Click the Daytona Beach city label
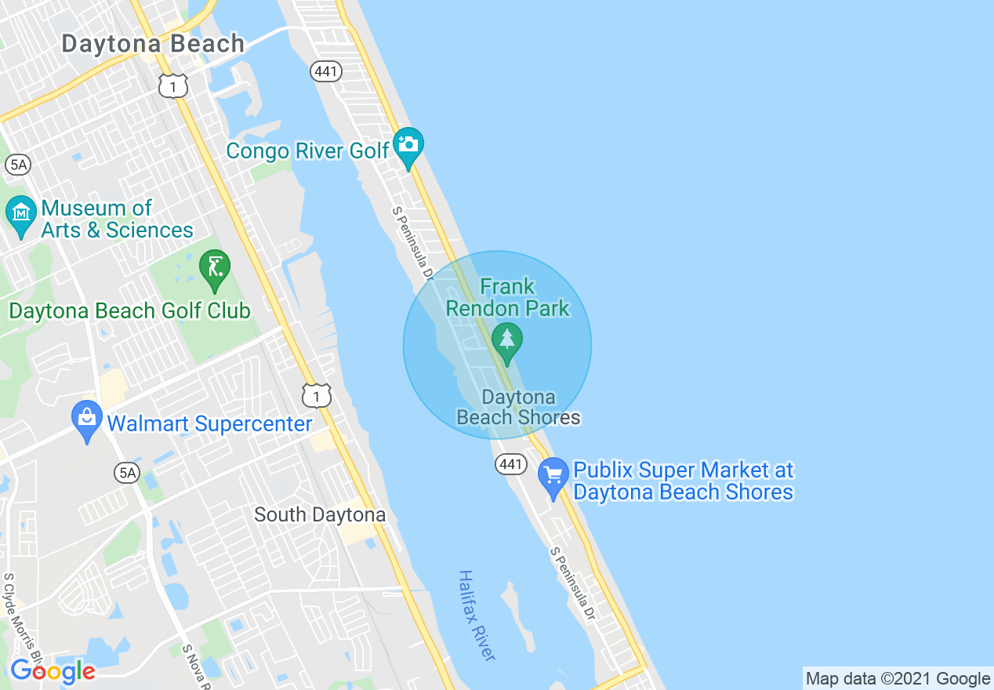click(x=153, y=44)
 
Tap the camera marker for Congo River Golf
click(x=408, y=145)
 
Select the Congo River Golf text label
click(x=307, y=151)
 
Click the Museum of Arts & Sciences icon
click(x=20, y=213)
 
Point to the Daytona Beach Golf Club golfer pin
click(x=214, y=268)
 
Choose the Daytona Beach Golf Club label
click(x=129, y=311)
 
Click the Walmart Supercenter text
click(x=209, y=424)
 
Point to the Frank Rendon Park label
click(x=508, y=297)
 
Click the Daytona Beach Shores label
click(x=519, y=407)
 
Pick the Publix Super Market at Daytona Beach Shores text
click(x=684, y=481)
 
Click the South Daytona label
click(x=320, y=515)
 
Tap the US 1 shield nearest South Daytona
click(x=317, y=397)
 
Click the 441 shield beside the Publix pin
click(x=510, y=464)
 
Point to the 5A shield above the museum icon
click(x=16, y=165)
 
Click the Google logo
click(x=53, y=671)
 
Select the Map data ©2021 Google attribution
click(x=898, y=679)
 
